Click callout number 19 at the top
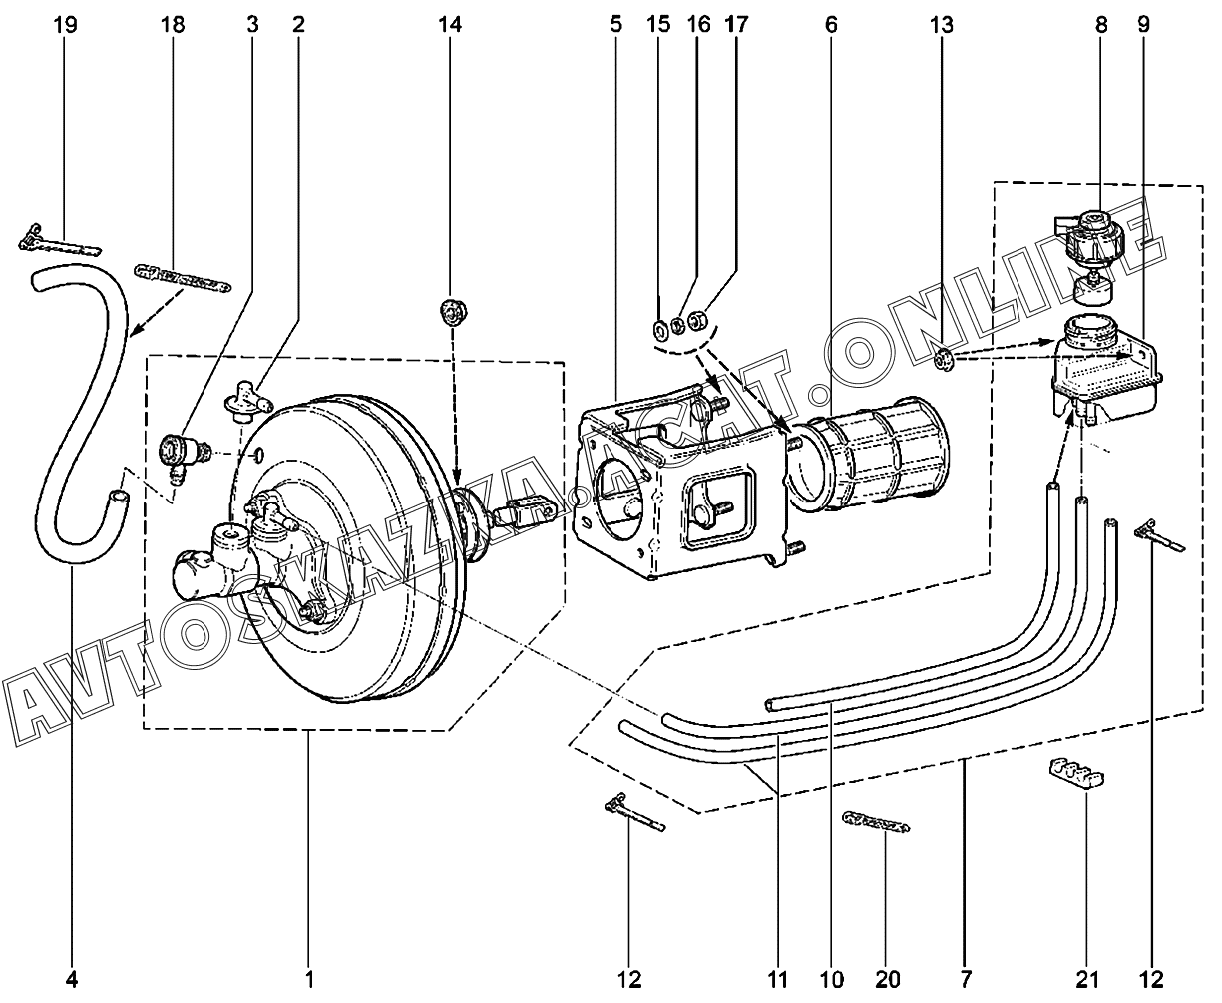66,25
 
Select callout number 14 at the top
451,25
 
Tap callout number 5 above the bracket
616,25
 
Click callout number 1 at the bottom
310,980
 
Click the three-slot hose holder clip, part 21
1078,773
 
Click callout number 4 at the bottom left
71,980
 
